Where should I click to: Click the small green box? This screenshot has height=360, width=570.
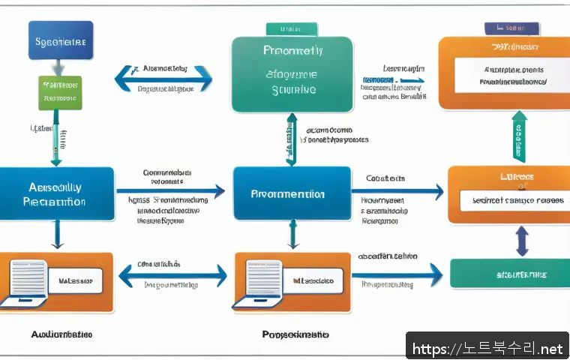[x=59, y=91]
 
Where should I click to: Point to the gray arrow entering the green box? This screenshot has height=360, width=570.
[x=59, y=65]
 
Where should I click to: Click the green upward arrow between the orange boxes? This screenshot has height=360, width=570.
[x=519, y=136]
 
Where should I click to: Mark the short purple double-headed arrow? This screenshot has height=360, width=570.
[x=523, y=241]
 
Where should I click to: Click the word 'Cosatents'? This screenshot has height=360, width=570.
[x=385, y=178]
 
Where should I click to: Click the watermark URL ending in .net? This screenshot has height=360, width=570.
[x=487, y=349]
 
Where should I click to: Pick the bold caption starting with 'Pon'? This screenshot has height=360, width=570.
[x=295, y=334]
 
